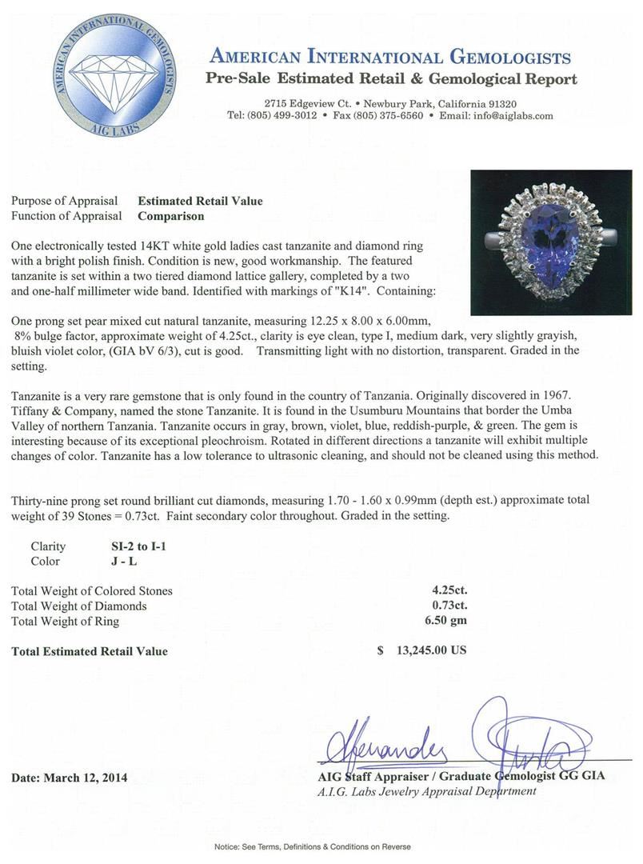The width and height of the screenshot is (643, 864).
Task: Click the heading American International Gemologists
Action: tap(389, 57)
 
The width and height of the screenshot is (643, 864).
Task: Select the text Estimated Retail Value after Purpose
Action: tap(200, 201)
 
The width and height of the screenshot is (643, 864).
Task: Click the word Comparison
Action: tap(170, 216)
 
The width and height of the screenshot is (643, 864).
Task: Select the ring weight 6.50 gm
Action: tap(445, 622)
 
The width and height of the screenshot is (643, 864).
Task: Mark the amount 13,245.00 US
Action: tap(431, 650)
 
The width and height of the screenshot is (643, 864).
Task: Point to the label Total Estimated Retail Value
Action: tap(90, 651)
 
